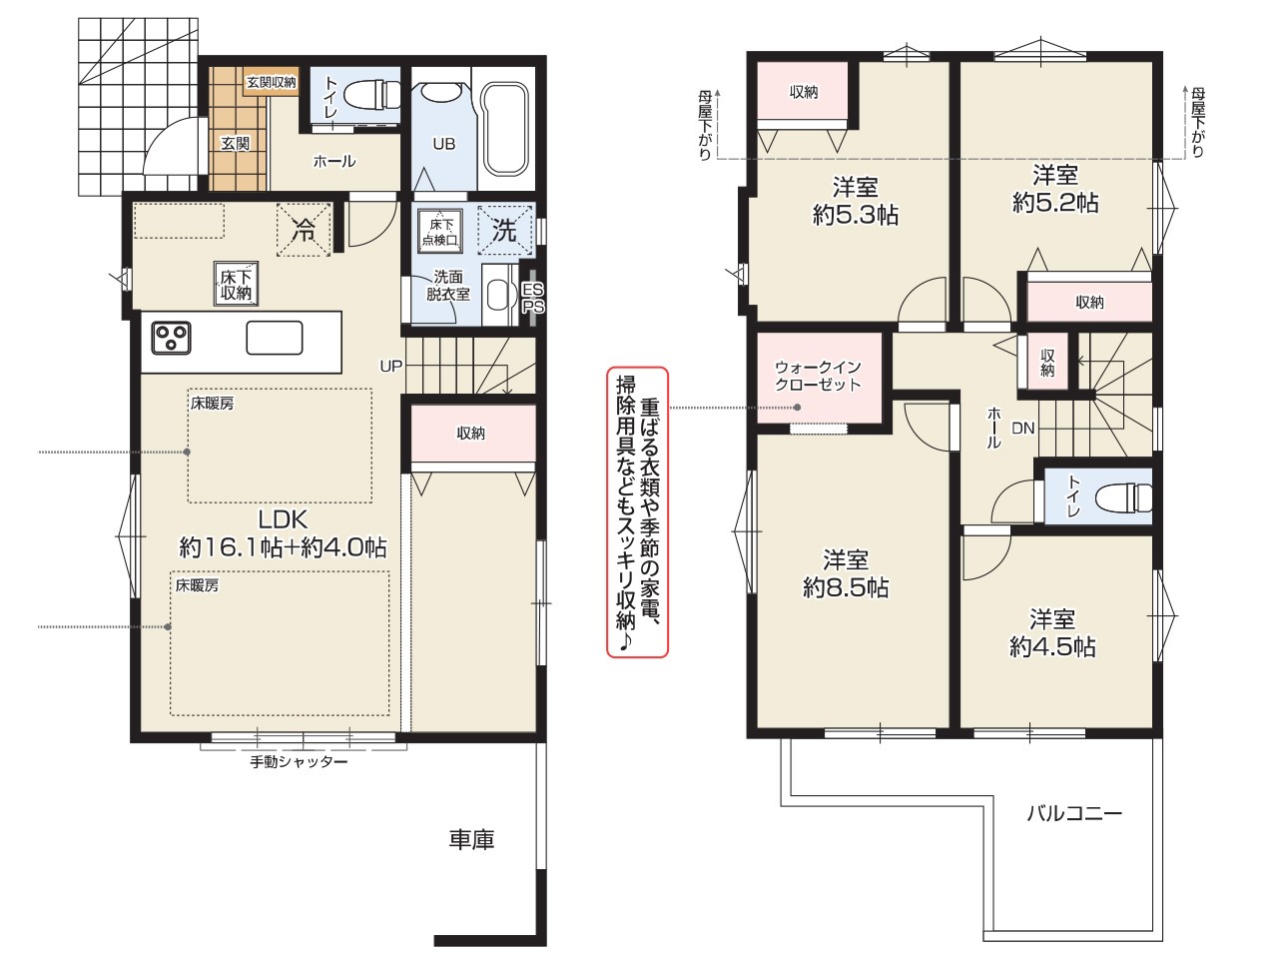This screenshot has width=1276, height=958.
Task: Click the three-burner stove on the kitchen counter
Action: (x=171, y=338)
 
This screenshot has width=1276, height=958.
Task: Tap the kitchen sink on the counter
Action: (x=275, y=338)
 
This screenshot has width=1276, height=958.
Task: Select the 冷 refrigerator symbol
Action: (x=305, y=229)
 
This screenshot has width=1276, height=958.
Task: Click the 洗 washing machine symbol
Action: (x=505, y=230)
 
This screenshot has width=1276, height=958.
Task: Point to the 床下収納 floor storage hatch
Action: (x=236, y=284)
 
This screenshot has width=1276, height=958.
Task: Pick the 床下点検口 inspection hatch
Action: (x=440, y=232)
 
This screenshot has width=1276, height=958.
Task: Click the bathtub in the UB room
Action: (x=504, y=129)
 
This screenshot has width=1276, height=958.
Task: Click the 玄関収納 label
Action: (x=272, y=83)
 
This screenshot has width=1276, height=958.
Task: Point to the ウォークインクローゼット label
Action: (x=818, y=376)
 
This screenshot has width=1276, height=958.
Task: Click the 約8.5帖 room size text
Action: (x=846, y=588)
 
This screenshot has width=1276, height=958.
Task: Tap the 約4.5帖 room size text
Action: (x=1052, y=646)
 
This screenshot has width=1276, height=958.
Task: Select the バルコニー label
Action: (x=1074, y=812)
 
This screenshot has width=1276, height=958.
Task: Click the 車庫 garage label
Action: (x=471, y=840)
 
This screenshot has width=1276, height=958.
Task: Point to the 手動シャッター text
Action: (x=299, y=761)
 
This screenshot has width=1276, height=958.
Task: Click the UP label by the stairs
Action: (x=391, y=367)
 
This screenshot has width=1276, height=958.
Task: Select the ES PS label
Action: (x=533, y=298)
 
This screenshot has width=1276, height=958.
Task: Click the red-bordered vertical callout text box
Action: (x=638, y=512)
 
